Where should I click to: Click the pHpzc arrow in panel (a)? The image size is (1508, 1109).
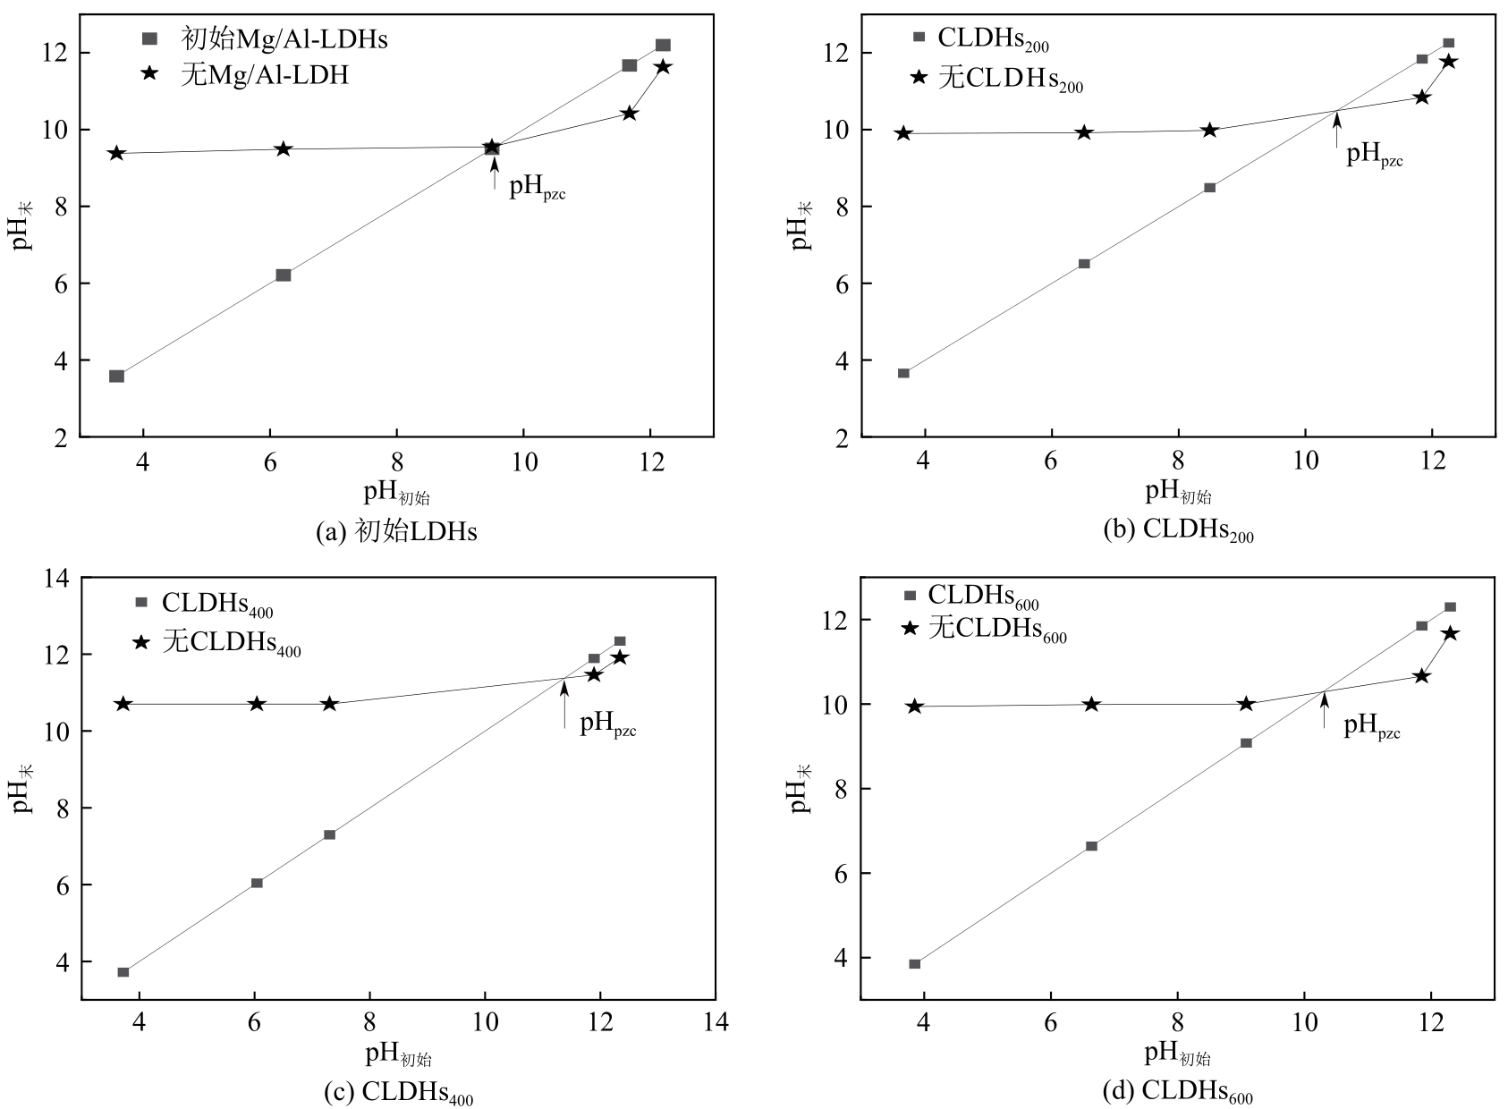(x=495, y=173)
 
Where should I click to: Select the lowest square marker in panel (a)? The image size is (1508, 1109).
(x=116, y=376)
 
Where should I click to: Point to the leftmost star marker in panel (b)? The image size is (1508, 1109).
(x=903, y=133)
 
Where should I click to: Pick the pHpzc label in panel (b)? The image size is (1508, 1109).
(x=1375, y=156)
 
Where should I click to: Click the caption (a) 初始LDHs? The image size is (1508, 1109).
(x=396, y=532)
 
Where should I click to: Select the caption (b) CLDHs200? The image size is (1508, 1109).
(x=1179, y=531)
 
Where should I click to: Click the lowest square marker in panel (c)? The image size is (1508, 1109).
(x=123, y=972)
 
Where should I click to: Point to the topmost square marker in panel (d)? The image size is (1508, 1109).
(x=1450, y=607)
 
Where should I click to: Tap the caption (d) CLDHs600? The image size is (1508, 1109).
(x=1179, y=1092)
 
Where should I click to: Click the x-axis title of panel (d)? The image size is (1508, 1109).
(x=1178, y=1056)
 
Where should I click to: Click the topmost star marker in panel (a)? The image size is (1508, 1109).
(x=663, y=67)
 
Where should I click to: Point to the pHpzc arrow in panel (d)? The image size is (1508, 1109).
(x=1324, y=710)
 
